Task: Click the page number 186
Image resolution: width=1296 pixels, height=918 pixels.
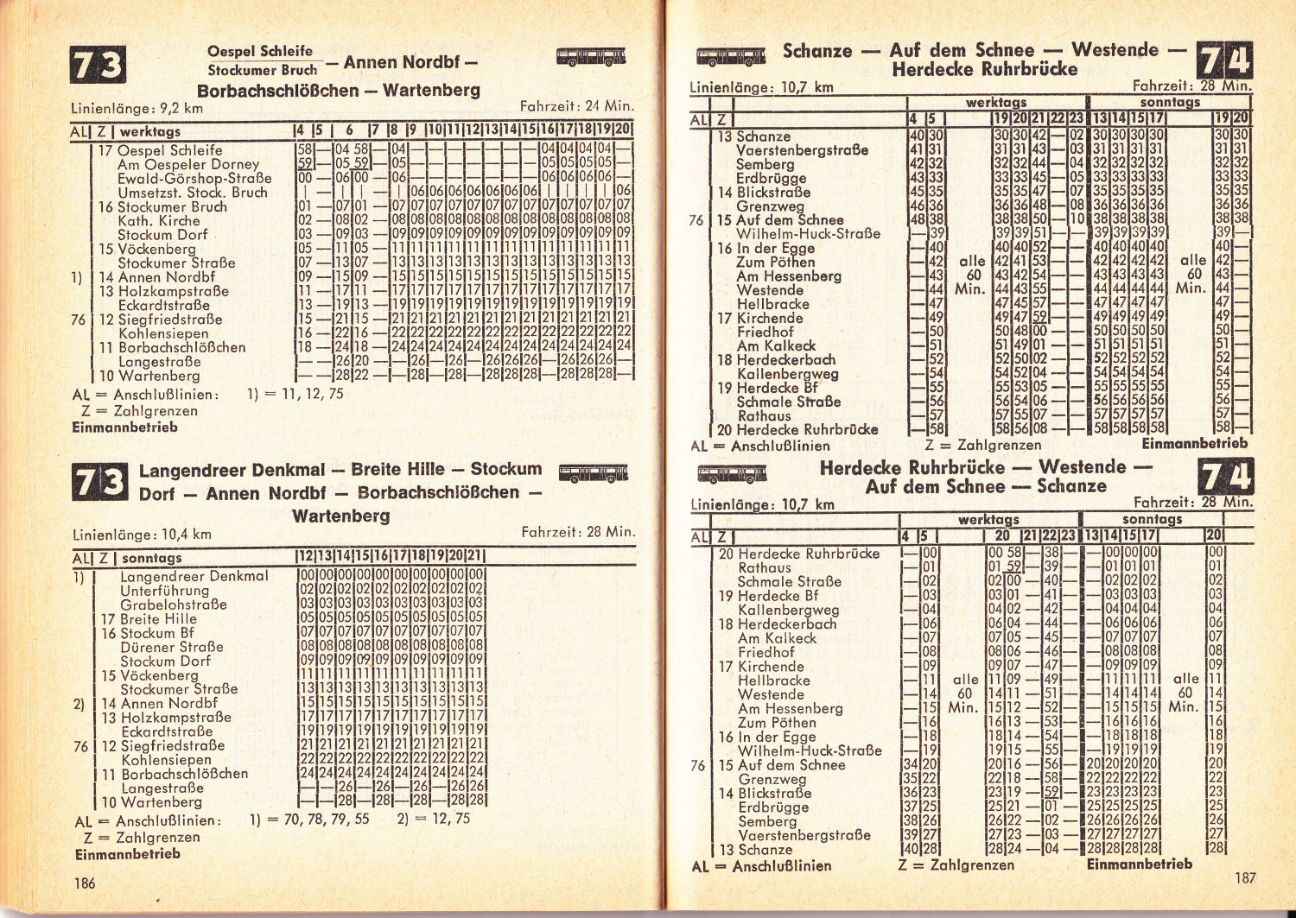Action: point(85,883)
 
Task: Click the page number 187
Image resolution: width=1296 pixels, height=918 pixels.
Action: point(1244,878)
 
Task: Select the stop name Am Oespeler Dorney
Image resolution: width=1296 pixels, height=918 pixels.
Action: point(187,164)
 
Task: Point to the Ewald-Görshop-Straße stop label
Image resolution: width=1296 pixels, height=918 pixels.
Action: point(194,179)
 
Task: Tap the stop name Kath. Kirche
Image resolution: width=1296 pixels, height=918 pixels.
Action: point(158,221)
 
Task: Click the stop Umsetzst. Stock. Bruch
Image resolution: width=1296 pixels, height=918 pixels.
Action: point(192,193)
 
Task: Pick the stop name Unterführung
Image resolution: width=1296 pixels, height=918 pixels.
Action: point(164,591)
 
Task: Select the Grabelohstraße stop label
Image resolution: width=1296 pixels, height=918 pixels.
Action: point(173,605)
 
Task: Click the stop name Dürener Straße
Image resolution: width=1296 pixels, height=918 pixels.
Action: point(171,647)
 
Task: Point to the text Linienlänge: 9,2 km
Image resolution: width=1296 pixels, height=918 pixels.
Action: point(137,109)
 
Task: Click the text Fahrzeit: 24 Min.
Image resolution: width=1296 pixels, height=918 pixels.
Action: point(576,106)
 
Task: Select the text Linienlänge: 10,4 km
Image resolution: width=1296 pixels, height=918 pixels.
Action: point(142,535)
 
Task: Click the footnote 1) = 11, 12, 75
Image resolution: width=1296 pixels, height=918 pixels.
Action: point(295,394)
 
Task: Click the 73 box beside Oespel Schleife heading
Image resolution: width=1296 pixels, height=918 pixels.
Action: point(97,66)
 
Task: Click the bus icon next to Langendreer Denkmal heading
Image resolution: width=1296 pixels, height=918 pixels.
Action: point(592,473)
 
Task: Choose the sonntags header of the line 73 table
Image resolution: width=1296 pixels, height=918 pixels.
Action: point(151,559)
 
